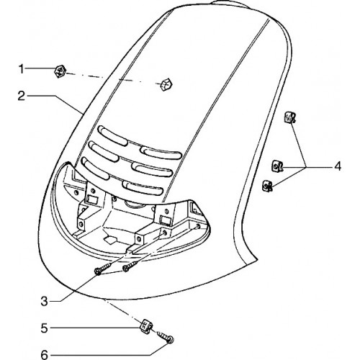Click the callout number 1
22,70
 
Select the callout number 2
21,96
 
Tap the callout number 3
45,302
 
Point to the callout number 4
338,166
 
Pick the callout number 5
45,328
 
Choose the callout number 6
45,355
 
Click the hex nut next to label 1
60,71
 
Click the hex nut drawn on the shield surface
166,84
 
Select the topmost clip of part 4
290,117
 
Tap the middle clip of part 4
277,166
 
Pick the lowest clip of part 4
267,186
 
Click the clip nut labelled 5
146,327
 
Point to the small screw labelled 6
166,336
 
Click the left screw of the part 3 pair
103,269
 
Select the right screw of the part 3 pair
130,266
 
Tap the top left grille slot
112,136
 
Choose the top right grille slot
161,153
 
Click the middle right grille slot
152,170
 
